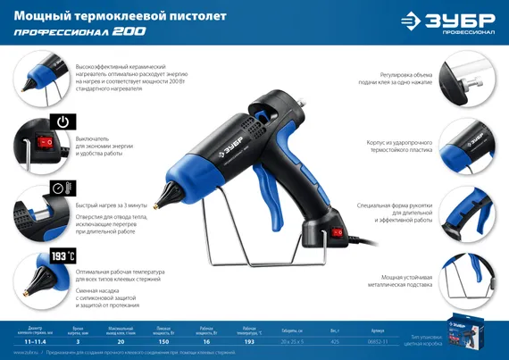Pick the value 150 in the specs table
pyautogui.click(x=164, y=340)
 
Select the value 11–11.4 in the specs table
pyautogui.click(x=36, y=340)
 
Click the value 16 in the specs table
pyautogui.click(x=207, y=340)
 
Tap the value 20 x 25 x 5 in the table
pyautogui.click(x=292, y=340)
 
